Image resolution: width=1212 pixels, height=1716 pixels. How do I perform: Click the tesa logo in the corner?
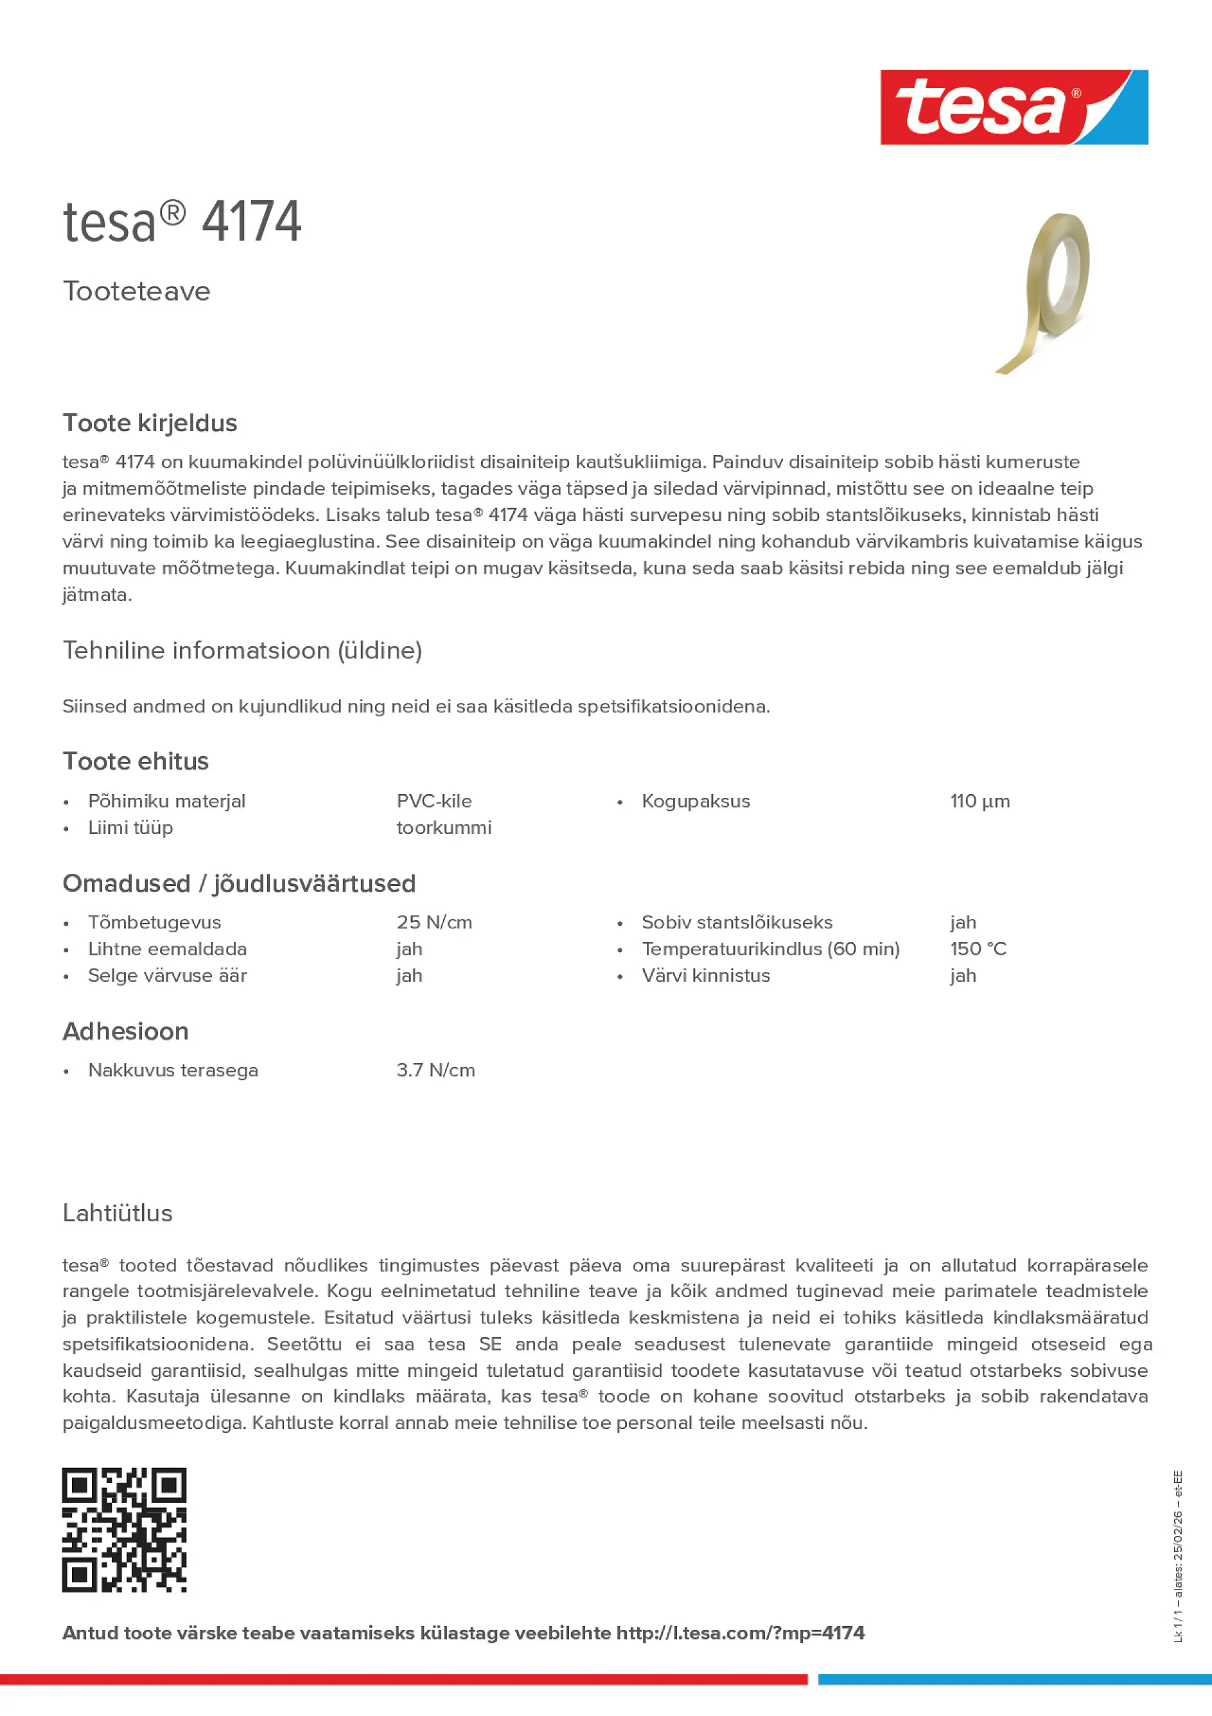1014,107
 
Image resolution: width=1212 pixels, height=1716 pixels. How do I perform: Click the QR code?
124,1530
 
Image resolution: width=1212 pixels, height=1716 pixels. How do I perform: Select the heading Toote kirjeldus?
150,423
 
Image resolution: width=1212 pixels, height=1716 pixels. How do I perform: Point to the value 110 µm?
979,801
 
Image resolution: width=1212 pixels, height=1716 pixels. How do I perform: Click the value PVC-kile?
434,801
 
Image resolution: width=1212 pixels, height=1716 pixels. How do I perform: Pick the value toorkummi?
444,827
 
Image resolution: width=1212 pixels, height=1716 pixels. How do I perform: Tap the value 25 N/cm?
434,923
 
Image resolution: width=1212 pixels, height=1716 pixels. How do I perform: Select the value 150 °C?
978,948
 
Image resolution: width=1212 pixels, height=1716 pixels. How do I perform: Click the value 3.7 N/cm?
435,1070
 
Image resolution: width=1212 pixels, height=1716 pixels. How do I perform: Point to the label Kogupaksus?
696,801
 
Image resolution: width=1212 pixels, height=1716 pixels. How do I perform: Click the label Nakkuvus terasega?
173,1070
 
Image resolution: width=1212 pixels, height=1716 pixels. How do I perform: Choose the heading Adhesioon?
125,1031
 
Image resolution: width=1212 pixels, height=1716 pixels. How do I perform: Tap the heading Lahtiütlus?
118,1213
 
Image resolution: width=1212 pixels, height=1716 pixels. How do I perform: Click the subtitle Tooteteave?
137,291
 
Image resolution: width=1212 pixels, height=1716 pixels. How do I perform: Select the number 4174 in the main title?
252,222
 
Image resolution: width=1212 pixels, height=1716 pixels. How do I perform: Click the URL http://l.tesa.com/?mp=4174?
740,1633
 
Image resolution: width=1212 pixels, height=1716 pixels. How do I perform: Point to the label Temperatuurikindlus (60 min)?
770,948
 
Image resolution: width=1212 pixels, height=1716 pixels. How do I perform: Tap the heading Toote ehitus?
136,761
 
